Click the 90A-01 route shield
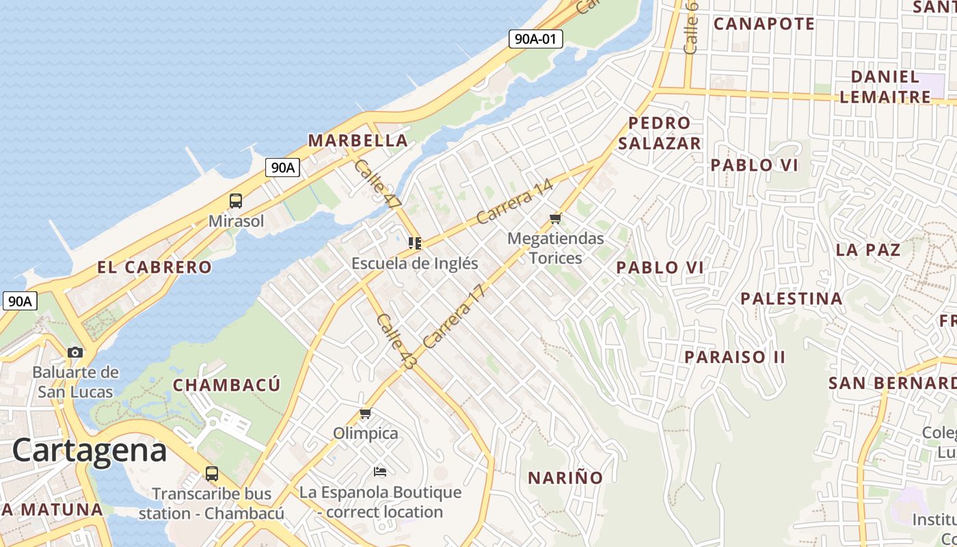tap(535, 39)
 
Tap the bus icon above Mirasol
tap(236, 201)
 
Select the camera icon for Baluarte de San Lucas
tap(75, 353)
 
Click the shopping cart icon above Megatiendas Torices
tap(556, 219)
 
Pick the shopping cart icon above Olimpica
tap(366, 414)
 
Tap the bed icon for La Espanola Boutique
tap(380, 472)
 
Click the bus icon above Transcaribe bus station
tap(212, 473)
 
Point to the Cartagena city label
tap(90, 451)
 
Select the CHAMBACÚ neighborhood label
tap(226, 385)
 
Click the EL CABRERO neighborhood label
tap(154, 267)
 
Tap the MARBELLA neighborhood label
tap(358, 141)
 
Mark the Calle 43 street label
tap(396, 342)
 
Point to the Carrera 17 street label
tap(454, 316)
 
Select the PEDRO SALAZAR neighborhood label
tap(660, 133)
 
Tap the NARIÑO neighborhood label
tap(565, 477)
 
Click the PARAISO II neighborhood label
tap(735, 357)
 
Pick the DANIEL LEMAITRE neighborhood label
tap(885, 86)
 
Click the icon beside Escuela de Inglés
tap(414, 243)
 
